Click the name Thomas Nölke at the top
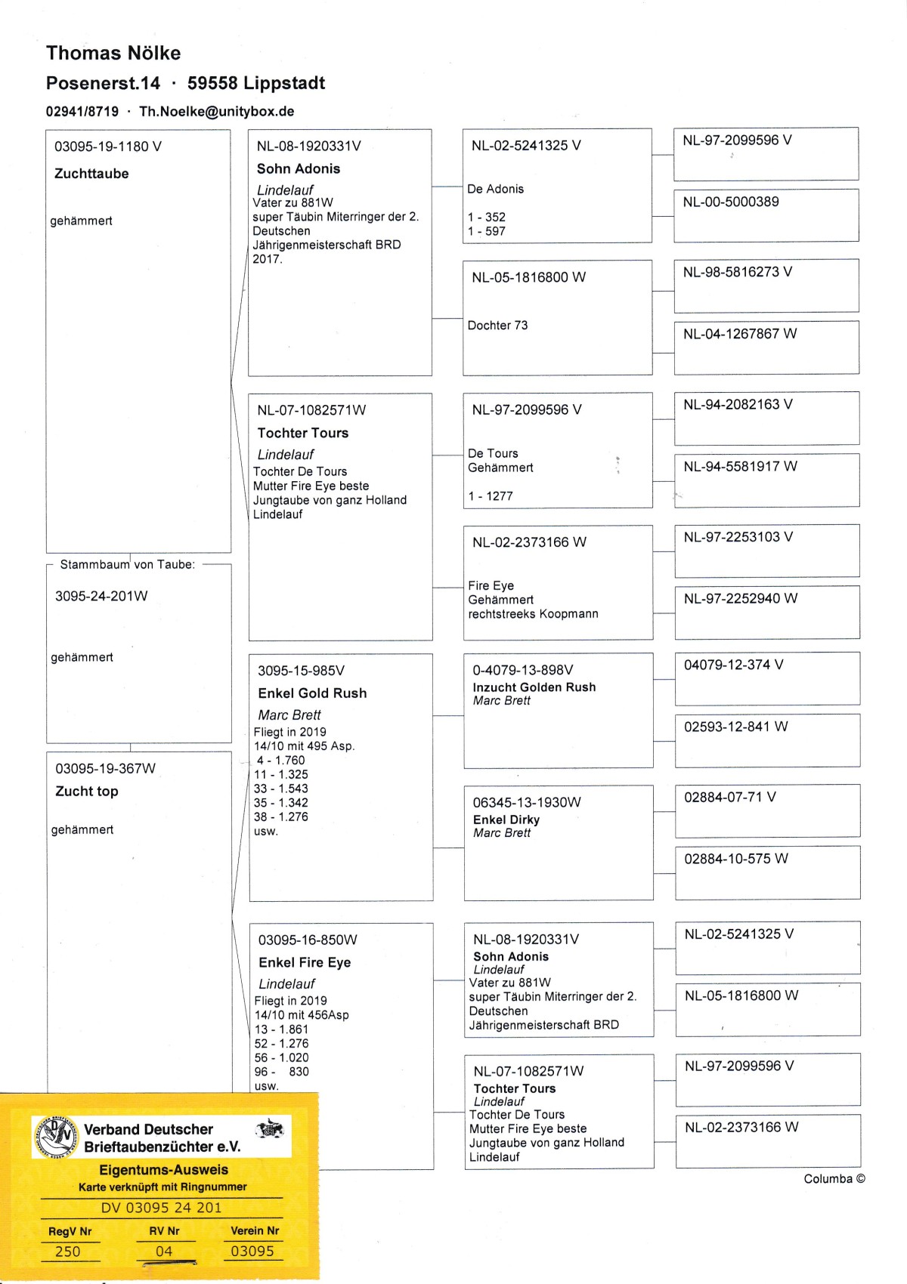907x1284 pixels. pyautogui.click(x=113, y=53)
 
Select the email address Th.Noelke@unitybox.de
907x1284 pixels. pyautogui.click(x=217, y=111)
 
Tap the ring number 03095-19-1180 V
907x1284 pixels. pyautogui.click(x=108, y=147)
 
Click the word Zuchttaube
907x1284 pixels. pyautogui.click(x=91, y=174)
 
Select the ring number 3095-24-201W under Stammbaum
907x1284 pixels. pyautogui.click(x=101, y=596)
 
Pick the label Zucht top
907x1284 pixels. pyautogui.click(x=87, y=792)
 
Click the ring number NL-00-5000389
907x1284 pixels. pyautogui.click(x=731, y=202)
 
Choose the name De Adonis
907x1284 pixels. pyautogui.click(x=495, y=189)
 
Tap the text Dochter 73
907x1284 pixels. pyautogui.click(x=497, y=326)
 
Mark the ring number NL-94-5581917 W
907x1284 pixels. pyautogui.click(x=740, y=467)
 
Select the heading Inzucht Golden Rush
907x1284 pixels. pyautogui.click(x=534, y=687)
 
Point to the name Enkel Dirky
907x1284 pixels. pyautogui.click(x=506, y=819)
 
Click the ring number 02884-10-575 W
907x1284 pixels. pyautogui.click(x=736, y=859)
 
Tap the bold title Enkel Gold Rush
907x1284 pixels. pyautogui.click(x=312, y=693)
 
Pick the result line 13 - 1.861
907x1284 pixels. pyautogui.click(x=281, y=1029)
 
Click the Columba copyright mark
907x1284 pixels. pyautogui.click(x=834, y=1179)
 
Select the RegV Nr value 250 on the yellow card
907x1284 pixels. pyautogui.click(x=67, y=1252)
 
